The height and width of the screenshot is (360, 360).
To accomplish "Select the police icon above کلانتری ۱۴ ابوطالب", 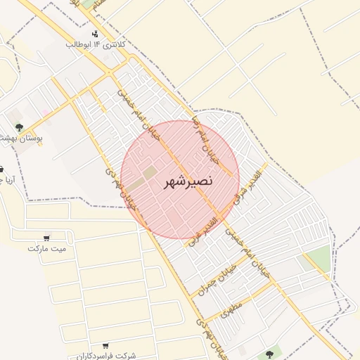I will pyautogui.click(x=95, y=34).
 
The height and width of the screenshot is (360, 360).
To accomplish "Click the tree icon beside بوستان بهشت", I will pyautogui.click(x=19, y=127).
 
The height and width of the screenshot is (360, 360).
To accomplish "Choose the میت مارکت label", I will pyautogui.click(x=46, y=248).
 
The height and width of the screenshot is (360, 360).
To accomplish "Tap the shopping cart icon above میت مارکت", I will pyautogui.click(x=46, y=238).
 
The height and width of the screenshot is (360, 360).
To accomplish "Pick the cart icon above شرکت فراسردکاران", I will pyautogui.click(x=105, y=345).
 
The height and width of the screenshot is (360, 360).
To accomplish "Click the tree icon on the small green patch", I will pyautogui.click(x=268, y=354).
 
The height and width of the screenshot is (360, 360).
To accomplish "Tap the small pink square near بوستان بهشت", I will pyautogui.click(x=46, y=112).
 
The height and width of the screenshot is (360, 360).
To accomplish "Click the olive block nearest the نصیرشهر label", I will pyautogui.click(x=150, y=172).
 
